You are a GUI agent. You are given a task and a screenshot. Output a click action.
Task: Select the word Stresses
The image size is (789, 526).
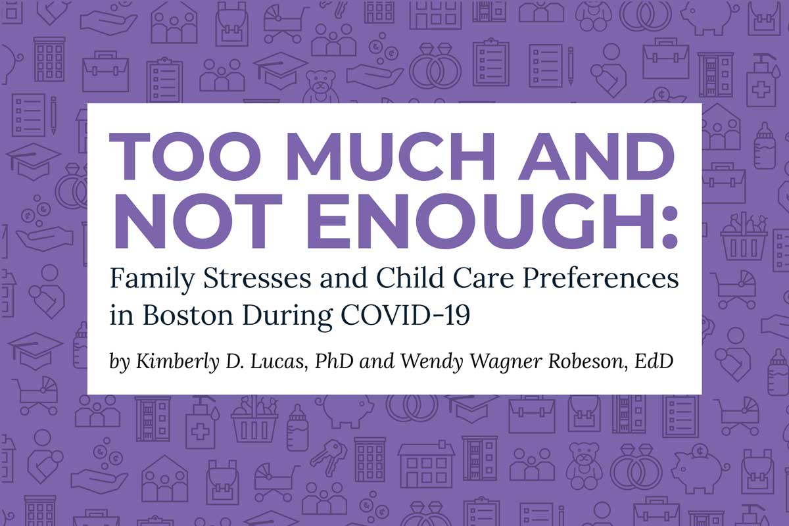coord(258,278)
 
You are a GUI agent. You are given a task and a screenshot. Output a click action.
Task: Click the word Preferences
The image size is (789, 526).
coord(600,277)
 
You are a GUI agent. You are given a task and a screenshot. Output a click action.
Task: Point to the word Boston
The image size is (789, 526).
coord(188,315)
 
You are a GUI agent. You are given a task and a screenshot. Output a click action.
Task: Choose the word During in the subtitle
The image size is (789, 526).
coord(287,316)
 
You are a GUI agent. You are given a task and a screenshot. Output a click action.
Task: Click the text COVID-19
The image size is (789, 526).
coord(406,315)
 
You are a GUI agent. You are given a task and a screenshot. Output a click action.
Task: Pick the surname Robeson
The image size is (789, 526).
coord(588,362)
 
